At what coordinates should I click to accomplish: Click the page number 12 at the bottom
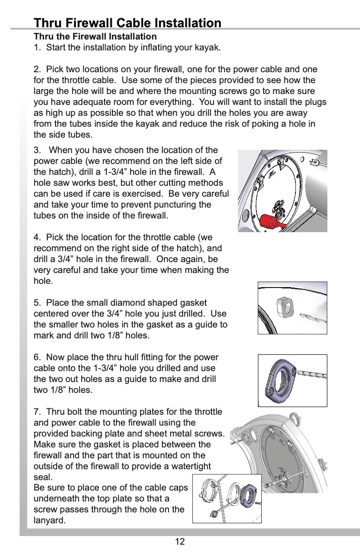[180, 541]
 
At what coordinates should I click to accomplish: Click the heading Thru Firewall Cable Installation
[128, 23]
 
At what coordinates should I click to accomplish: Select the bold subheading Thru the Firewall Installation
[95, 36]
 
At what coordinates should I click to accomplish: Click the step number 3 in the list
[36, 150]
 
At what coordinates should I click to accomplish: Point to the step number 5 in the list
[36, 303]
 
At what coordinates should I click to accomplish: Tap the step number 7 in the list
[36, 412]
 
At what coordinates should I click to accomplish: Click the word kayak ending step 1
[208, 48]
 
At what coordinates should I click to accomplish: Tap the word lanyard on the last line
[49, 521]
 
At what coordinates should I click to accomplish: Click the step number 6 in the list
[36, 357]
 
